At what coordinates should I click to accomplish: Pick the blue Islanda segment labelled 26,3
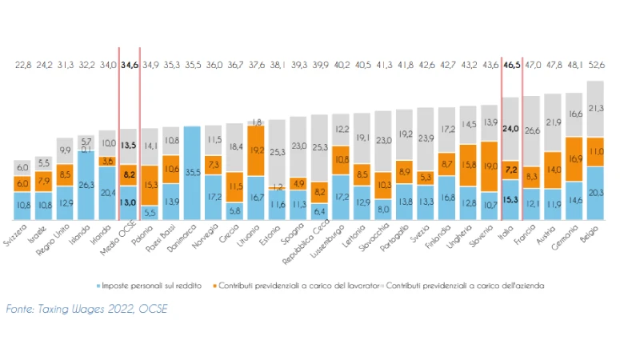coord(86,184)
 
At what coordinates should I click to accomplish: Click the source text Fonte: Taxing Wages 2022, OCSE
coord(82,307)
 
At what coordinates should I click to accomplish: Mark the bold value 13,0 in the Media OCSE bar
coord(128,202)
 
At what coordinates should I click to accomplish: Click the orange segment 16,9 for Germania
coord(574,158)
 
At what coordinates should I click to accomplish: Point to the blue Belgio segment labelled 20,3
coord(595,192)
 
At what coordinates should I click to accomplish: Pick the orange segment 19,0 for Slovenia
coord(490,167)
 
